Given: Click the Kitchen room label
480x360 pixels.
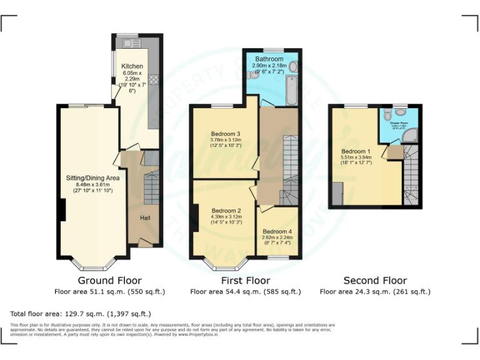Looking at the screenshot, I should tap(132, 66).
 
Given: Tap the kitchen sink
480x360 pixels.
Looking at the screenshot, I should tap(131, 43).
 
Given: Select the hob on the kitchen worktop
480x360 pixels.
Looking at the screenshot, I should tap(153, 79).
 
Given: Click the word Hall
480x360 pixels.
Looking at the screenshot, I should tap(144, 217).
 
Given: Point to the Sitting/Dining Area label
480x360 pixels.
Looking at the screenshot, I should tap(92, 178).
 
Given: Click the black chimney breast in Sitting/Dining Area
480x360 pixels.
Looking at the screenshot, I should tap(62, 209).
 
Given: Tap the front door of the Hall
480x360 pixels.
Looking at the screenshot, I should tap(144, 242).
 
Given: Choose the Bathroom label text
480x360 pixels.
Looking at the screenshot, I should tap(269, 59).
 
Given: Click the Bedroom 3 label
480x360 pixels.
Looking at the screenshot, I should tap(226, 134).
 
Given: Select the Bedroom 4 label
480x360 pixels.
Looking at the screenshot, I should tap(277, 232).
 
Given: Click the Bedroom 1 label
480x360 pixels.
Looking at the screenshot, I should tap(355, 151).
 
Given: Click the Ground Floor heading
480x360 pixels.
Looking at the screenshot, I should tap(109, 281).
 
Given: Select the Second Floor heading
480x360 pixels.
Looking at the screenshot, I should tap(375, 281).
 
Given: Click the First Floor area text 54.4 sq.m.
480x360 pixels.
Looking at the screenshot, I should tap(245, 292).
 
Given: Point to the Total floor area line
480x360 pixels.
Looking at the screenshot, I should tap(81, 314).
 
